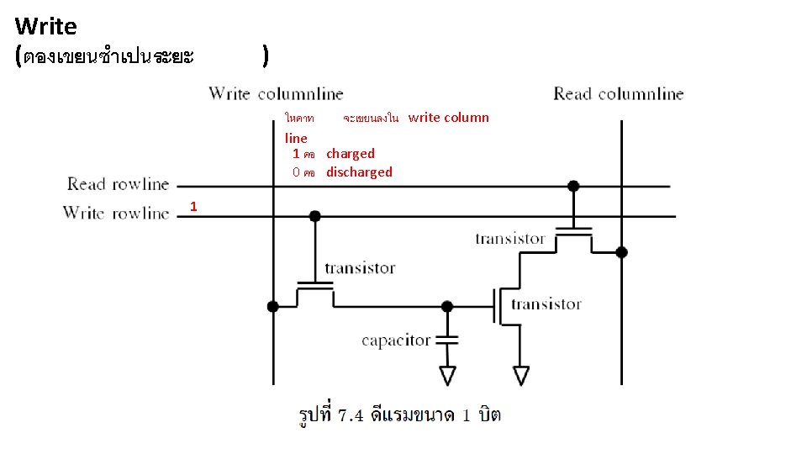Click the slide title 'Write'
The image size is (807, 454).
46,27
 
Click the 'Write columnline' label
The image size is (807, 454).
276,93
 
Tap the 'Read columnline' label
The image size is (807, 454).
618,93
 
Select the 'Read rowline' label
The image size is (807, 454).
118,183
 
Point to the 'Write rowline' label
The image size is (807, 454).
116,213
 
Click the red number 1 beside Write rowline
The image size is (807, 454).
193,206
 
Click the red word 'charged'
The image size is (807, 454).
351,154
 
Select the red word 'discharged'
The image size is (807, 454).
359,172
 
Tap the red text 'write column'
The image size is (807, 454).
448,118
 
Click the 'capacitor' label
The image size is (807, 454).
396,340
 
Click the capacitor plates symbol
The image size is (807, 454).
448,340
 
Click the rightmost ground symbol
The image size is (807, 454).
522,374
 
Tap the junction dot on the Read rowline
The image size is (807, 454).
573,186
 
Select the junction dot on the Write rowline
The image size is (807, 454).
314,216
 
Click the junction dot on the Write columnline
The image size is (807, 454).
272,306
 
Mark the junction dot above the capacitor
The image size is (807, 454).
447,306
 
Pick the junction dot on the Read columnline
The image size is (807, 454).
621,251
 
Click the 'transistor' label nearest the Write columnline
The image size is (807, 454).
360,268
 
